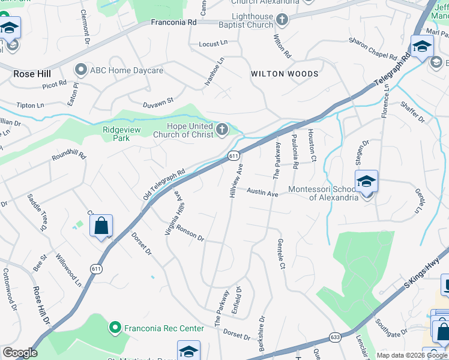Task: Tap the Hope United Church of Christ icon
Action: (222, 129)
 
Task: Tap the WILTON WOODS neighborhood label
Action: (285, 74)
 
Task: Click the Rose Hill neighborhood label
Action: (32, 74)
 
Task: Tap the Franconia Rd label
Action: (173, 22)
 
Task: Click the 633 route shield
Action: (335, 337)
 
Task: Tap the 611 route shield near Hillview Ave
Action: (234, 155)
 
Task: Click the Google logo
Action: (20, 353)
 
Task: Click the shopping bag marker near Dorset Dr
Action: (101, 226)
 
